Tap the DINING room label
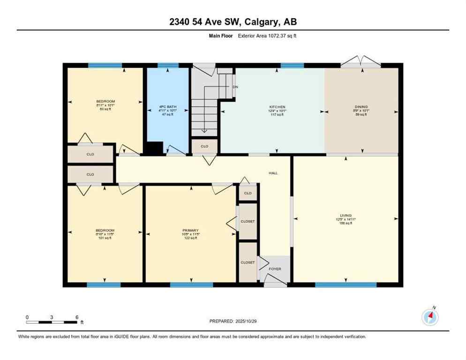[x=361, y=107]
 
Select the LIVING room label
[x=346, y=216]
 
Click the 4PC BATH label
[x=168, y=107]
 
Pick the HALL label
[x=273, y=173]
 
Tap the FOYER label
[x=275, y=269]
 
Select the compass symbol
[x=430, y=317]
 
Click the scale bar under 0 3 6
[x=52, y=322]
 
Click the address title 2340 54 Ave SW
[x=233, y=22]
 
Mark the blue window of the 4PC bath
[x=168, y=65]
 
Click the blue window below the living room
[x=346, y=285]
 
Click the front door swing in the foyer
[x=275, y=280]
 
